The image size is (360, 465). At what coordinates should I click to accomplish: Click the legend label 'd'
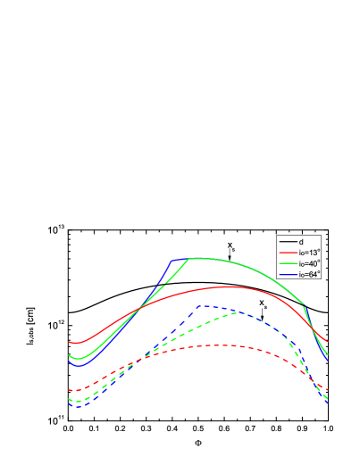point(301,242)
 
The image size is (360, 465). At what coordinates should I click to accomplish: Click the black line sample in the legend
point(288,242)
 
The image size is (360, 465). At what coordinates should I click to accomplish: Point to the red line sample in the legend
point(288,253)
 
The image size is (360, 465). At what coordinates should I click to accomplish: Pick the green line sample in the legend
point(288,263)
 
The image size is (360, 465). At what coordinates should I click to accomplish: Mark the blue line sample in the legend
point(288,274)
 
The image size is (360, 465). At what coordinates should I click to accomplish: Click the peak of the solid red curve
point(230,286)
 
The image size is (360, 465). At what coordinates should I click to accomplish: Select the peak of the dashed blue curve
point(204,306)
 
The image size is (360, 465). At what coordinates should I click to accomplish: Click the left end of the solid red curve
point(69,342)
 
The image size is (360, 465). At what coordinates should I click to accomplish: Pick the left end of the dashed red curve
point(69,391)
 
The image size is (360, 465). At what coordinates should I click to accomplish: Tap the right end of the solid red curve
point(328,342)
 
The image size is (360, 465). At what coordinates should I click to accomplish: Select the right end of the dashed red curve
point(328,391)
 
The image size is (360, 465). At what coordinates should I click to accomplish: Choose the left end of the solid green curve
point(69,355)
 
